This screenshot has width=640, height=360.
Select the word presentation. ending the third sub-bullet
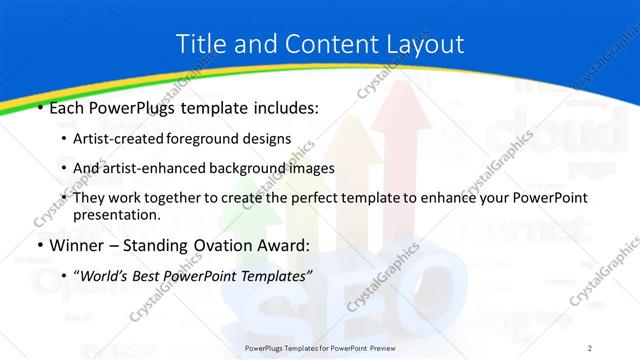(x=117, y=214)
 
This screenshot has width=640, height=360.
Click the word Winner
(x=79, y=245)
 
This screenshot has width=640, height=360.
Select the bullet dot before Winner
(x=39, y=245)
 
